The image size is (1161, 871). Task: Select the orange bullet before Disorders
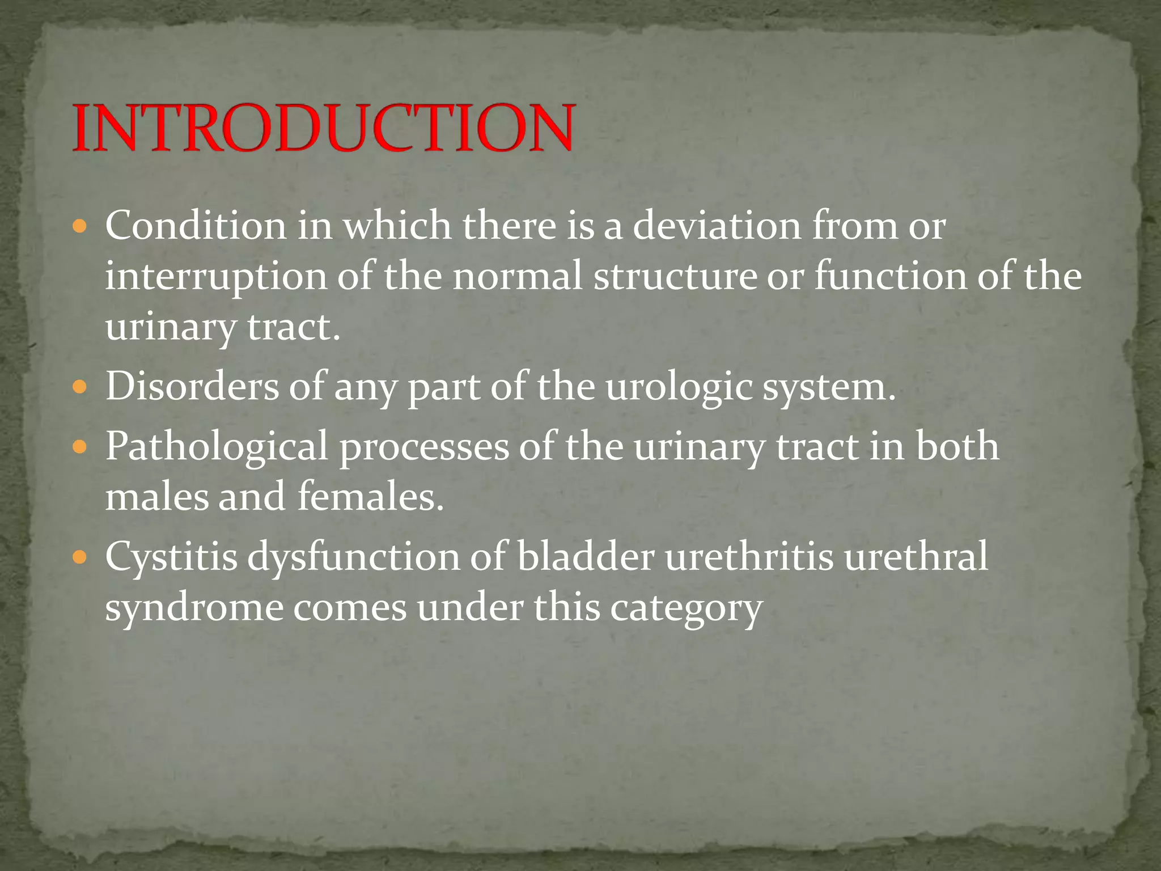(x=80, y=388)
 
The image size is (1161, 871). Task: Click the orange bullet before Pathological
(x=80, y=447)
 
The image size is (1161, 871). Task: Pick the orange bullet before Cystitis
(x=80, y=557)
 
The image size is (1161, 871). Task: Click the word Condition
(x=196, y=226)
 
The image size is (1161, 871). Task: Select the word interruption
(x=215, y=278)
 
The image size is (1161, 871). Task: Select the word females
(x=370, y=497)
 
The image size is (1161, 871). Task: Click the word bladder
(x=585, y=557)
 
